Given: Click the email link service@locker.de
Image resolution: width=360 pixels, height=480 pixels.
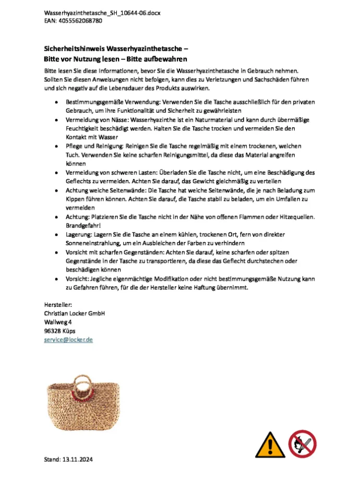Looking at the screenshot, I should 68,339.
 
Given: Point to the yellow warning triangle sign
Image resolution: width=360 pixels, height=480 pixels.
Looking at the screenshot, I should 268,444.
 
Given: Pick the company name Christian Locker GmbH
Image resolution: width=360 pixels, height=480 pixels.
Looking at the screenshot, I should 75,313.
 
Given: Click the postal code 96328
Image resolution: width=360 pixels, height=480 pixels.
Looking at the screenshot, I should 54,331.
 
